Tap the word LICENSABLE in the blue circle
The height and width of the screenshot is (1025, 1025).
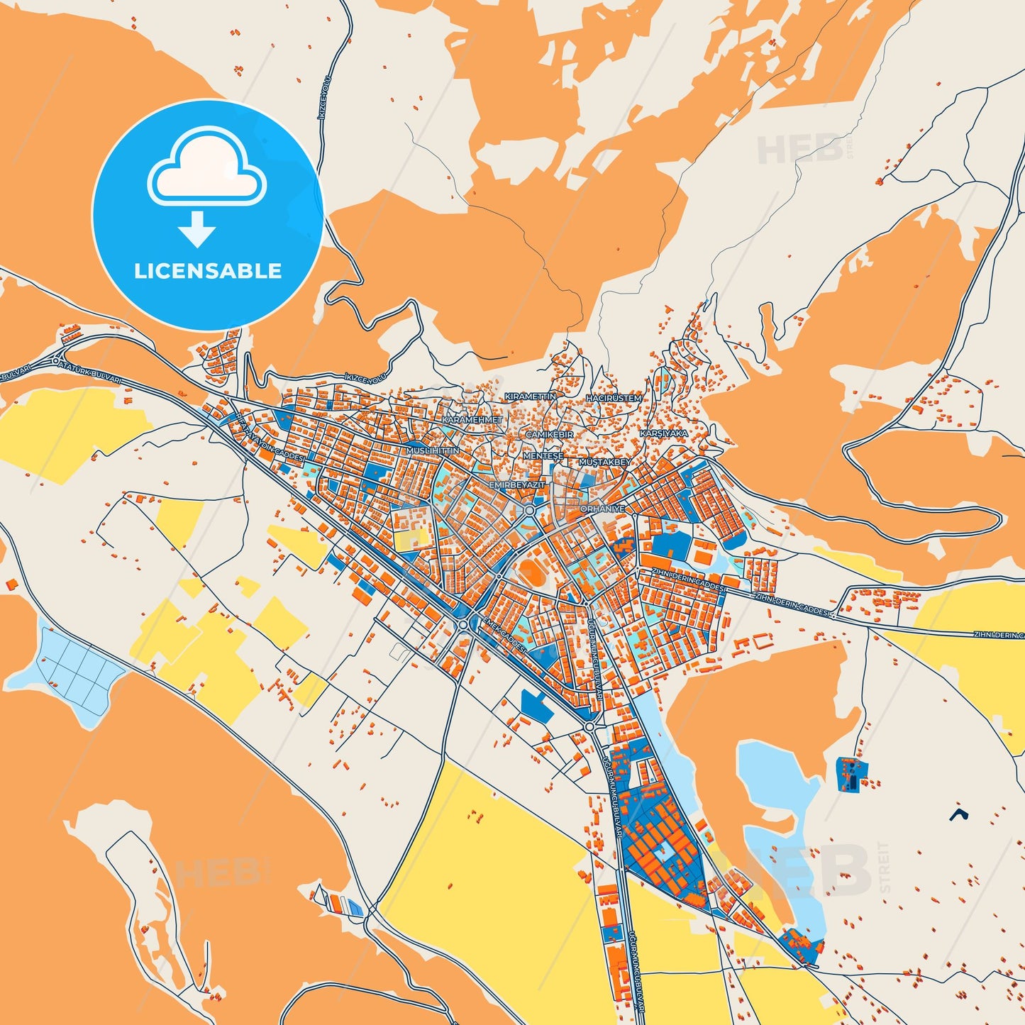pyautogui.click(x=208, y=271)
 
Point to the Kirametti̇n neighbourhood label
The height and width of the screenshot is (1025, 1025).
pyautogui.click(x=530, y=396)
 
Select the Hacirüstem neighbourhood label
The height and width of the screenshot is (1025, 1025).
pyautogui.click(x=614, y=399)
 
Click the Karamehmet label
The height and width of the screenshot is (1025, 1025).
pyautogui.click(x=472, y=420)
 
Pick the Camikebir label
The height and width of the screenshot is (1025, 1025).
pyautogui.click(x=549, y=434)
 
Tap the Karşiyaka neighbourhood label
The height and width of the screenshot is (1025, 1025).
pyautogui.click(x=664, y=433)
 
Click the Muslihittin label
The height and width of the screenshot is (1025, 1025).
pyautogui.click(x=433, y=450)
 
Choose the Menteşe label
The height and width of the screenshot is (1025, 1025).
pyautogui.click(x=543, y=456)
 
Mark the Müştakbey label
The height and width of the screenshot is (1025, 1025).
pyautogui.click(x=605, y=462)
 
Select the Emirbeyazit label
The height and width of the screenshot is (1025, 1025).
pyautogui.click(x=517, y=484)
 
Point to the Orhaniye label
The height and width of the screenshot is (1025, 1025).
pyautogui.click(x=602, y=509)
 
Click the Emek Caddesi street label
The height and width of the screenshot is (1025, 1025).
pyautogui.click(x=504, y=634)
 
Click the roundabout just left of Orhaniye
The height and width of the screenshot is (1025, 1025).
pyautogui.click(x=529, y=509)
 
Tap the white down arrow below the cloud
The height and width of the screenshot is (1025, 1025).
pyautogui.click(x=197, y=228)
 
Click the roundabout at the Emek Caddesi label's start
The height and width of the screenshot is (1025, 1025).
pyautogui.click(x=463, y=624)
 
